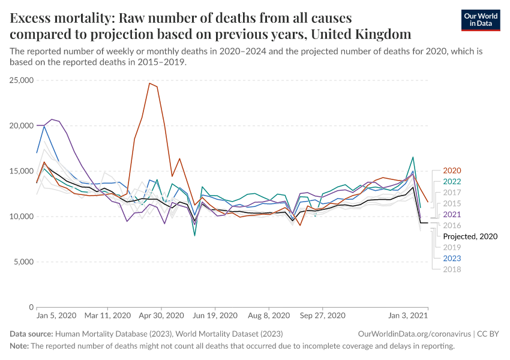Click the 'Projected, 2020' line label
click(470, 236)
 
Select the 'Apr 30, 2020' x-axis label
click(160, 315)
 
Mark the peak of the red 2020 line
click(149, 83)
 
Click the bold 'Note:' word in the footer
click(19, 346)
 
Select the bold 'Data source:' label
click(31, 333)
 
